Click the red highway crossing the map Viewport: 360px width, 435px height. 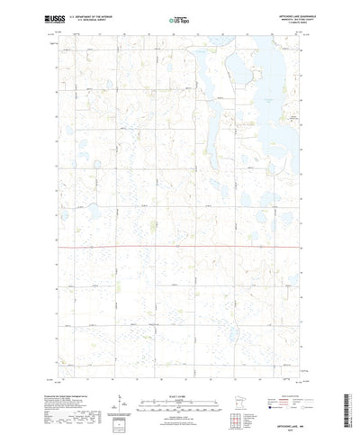[180, 244]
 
